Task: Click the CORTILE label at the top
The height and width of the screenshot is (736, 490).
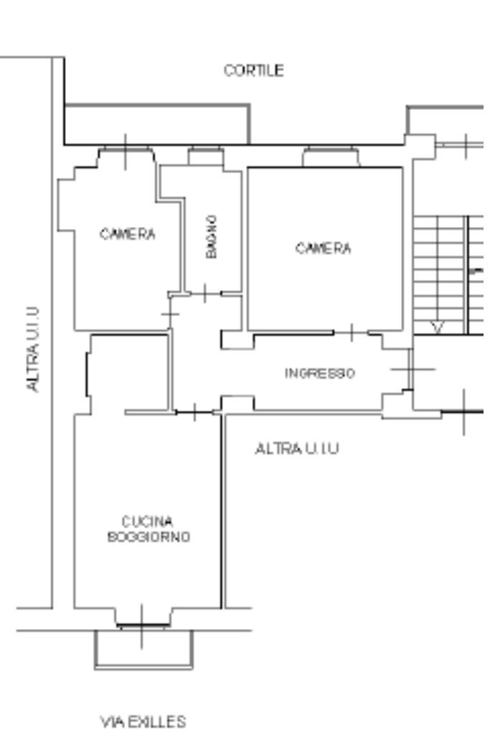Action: [x=254, y=70]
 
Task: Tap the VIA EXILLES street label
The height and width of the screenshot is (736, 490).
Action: [x=143, y=722]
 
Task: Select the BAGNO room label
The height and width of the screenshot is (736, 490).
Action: [x=212, y=236]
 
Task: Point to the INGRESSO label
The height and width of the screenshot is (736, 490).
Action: [x=320, y=373]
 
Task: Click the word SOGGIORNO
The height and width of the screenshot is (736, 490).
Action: [x=149, y=536]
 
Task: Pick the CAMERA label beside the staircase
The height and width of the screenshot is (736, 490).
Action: [x=323, y=248]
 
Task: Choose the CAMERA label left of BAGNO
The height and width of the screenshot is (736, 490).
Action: [x=128, y=234]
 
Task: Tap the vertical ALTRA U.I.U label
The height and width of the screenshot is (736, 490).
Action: [x=32, y=350]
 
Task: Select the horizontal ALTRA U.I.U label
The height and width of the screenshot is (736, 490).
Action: [x=297, y=449]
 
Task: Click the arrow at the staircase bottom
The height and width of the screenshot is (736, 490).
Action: [x=438, y=327]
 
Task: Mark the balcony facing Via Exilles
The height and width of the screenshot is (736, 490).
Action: [x=143, y=649]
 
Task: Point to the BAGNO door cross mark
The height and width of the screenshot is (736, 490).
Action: [x=205, y=294]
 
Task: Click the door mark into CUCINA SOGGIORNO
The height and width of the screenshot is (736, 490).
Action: [x=194, y=412]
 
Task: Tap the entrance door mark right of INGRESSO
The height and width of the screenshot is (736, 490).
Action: [x=411, y=369]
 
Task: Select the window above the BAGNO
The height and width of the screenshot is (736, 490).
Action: [x=205, y=156]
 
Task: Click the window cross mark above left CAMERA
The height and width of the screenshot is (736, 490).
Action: [x=126, y=152]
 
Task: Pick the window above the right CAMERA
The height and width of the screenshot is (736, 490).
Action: [x=331, y=157]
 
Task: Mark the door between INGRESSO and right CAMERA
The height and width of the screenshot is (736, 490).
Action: [x=352, y=332]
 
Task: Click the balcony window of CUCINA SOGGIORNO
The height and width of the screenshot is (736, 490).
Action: [x=142, y=625]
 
